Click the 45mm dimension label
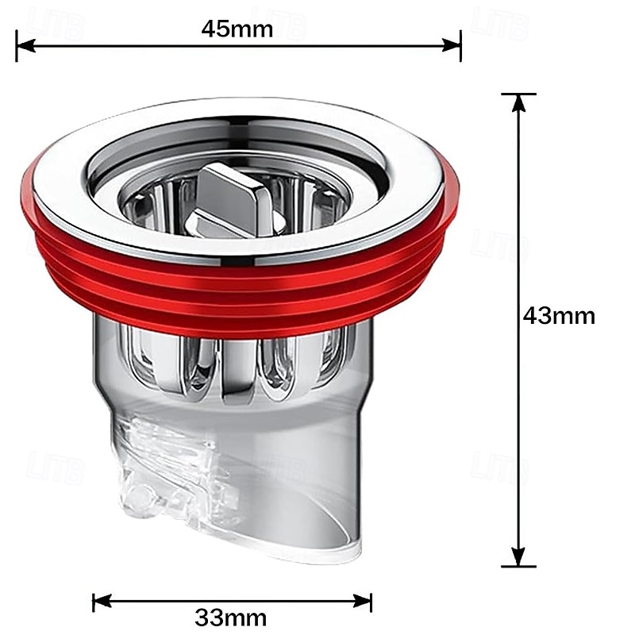(237, 29)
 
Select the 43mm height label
(559, 315)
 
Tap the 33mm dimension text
(231, 618)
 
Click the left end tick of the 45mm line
(17, 46)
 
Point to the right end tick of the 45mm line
(460, 46)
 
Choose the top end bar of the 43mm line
(518, 94)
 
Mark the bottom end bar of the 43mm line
(518, 567)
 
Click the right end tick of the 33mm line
(371, 601)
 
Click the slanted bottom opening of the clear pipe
(302, 548)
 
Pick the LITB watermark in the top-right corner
(500, 24)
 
